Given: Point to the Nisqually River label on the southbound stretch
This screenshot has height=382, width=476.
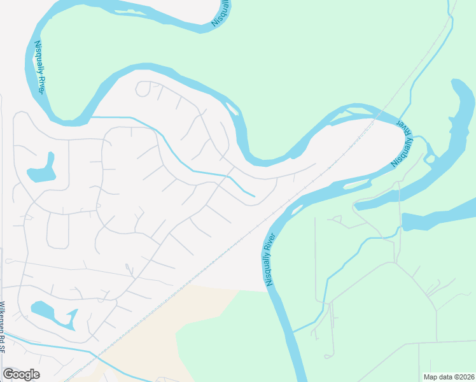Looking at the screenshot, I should (270, 260).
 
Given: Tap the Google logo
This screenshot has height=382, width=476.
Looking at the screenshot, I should (22, 374).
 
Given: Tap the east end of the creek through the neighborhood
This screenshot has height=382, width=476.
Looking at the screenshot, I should (254, 195).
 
